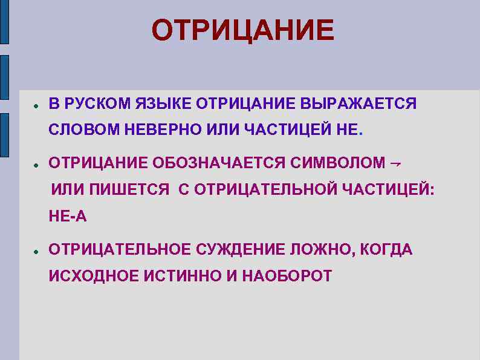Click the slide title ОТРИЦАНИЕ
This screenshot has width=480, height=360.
coord(242,30)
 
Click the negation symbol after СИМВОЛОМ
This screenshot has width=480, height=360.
coord(396,163)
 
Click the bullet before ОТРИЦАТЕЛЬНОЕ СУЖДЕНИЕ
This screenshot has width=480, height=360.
coord(36,250)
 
